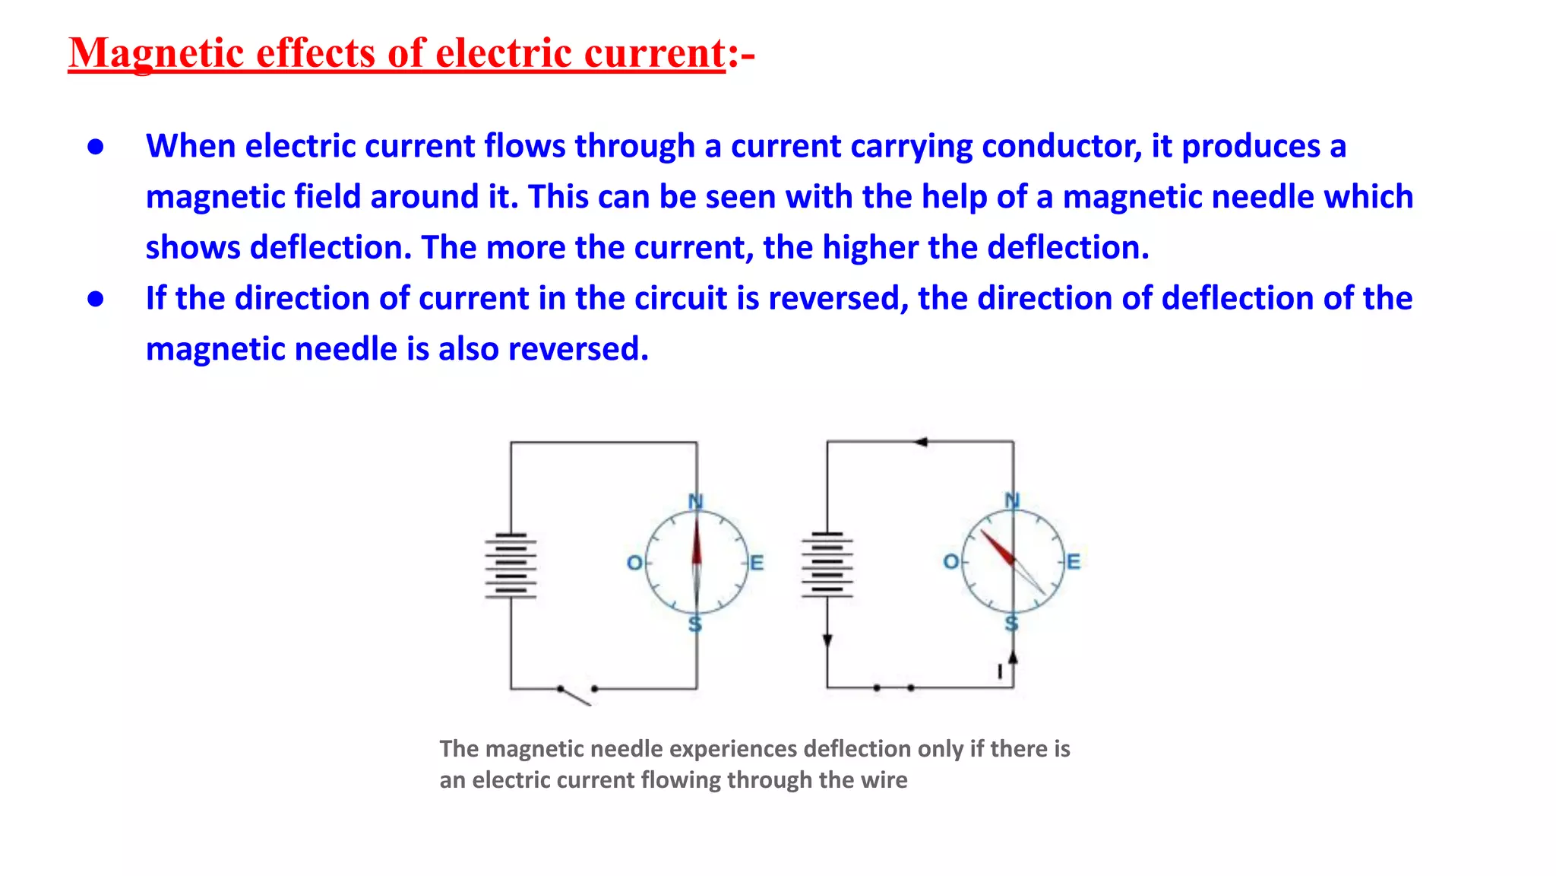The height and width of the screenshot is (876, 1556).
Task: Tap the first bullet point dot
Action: point(96,147)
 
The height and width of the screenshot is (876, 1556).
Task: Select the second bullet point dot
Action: point(96,299)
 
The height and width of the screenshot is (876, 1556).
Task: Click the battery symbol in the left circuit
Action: point(511,566)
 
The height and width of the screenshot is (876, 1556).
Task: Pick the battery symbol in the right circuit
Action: point(827,564)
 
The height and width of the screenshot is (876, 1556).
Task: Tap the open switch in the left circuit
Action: point(577,693)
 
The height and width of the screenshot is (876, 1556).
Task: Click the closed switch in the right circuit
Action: point(893,687)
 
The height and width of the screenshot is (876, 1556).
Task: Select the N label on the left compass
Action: point(695,501)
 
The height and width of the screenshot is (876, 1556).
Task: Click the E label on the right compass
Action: point(1073,562)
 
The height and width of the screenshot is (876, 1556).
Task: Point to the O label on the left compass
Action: point(634,563)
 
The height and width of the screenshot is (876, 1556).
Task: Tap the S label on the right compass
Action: point(1011,624)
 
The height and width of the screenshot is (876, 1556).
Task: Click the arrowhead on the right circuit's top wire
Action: point(921,442)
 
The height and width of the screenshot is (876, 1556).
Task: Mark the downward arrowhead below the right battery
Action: point(827,641)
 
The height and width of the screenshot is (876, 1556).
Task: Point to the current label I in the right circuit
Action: point(1000,671)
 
